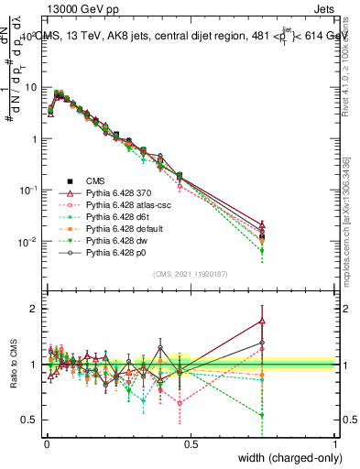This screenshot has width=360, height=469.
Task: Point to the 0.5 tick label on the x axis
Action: click(x=191, y=445)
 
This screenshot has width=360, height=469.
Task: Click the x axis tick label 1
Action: click(x=335, y=445)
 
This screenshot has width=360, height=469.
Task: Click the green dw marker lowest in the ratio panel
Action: click(x=263, y=415)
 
